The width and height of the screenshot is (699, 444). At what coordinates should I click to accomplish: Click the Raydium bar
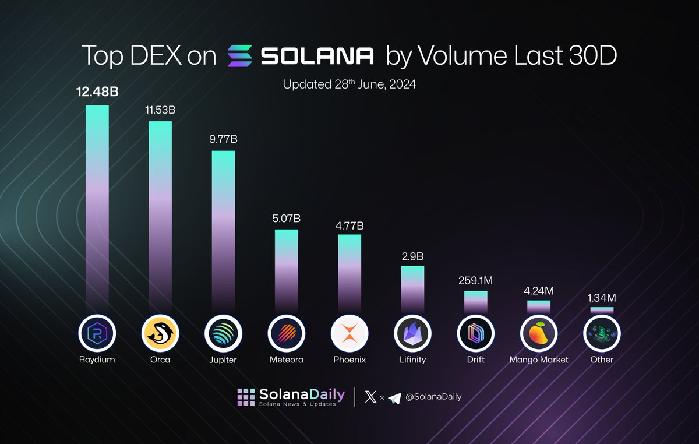click(97, 210)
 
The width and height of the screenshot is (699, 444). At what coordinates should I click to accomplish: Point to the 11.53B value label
click(160, 110)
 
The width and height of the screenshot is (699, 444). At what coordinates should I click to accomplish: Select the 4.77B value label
click(349, 223)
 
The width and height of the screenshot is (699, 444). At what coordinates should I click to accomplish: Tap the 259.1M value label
click(475, 280)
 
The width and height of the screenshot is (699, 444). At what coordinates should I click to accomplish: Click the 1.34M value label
click(602, 298)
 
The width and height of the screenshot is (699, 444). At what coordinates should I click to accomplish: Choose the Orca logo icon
click(160, 334)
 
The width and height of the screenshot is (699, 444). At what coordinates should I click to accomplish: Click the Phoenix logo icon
click(349, 334)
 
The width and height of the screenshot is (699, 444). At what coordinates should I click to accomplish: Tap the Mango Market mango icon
click(539, 334)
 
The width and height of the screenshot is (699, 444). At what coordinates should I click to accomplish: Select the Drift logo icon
click(475, 334)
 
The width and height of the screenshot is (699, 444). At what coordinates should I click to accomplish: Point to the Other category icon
click(602, 334)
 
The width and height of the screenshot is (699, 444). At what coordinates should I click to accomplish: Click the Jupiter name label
click(223, 360)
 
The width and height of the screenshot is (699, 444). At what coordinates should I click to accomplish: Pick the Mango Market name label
click(539, 360)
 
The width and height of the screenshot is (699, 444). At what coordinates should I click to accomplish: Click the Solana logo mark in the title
click(239, 56)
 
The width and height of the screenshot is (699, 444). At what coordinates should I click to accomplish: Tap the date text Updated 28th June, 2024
click(349, 84)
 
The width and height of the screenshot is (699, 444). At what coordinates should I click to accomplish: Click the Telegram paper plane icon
click(395, 397)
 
